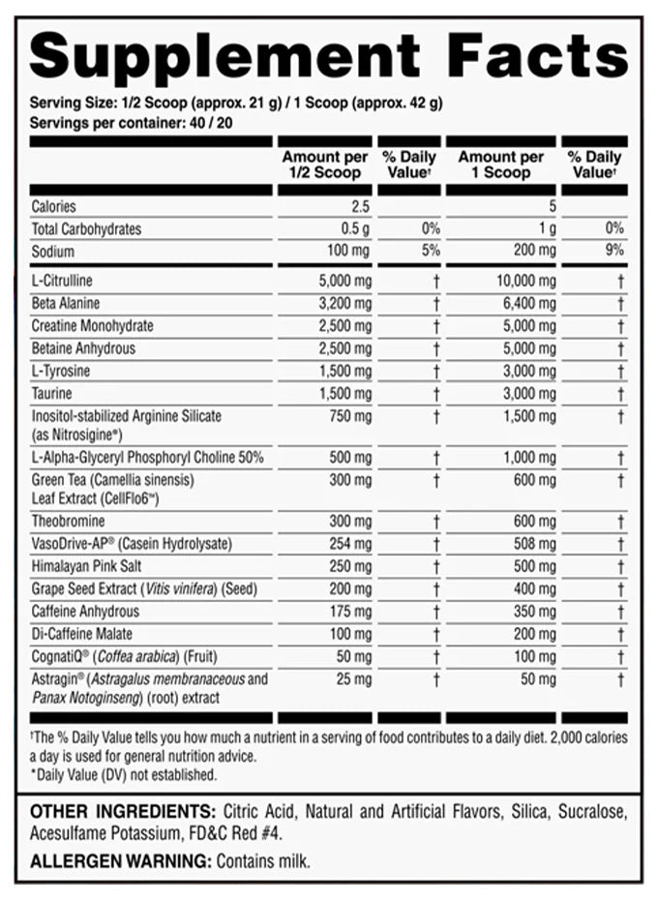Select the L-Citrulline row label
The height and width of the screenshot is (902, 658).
[62, 281]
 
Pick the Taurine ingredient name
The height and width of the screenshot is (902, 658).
[51, 394]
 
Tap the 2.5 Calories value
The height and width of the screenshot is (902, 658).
[362, 205]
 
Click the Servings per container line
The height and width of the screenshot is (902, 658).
[125, 123]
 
